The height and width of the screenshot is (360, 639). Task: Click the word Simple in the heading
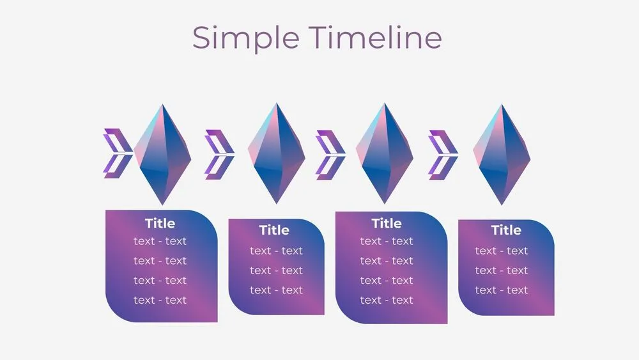245,38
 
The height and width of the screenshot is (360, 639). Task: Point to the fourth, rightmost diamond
502,153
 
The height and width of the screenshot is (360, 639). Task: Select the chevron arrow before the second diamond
219,154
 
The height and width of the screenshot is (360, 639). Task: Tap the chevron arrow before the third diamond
330,154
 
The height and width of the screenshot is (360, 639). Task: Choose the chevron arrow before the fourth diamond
443,154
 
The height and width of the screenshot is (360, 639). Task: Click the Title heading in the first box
160,223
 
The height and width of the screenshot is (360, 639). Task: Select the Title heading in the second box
274,230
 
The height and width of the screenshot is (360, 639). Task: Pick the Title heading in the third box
387,223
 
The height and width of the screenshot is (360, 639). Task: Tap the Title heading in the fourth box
506,230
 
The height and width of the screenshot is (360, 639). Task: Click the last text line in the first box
160,300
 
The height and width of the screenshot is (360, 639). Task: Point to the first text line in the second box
276,251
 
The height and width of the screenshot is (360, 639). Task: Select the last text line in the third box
387,300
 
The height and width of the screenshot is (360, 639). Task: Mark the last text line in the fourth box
502,290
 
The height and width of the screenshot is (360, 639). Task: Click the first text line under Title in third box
387,241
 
